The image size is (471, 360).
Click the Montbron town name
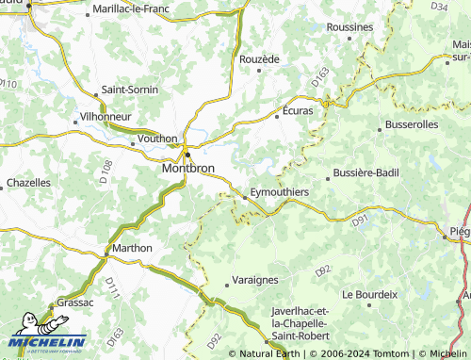click(x=188, y=168)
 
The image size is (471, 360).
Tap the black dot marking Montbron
click(x=187, y=155)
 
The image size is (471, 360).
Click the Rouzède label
click(x=259, y=58)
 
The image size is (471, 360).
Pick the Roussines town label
click(x=349, y=28)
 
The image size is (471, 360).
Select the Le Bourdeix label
click(x=370, y=294)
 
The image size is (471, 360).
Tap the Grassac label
click(x=75, y=303)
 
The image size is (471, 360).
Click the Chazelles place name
click(x=28, y=182)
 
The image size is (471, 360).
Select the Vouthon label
click(x=156, y=138)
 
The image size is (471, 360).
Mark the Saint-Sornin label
click(x=130, y=90)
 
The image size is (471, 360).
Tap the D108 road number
click(x=106, y=170)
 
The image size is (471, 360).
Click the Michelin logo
click(x=47, y=344)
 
